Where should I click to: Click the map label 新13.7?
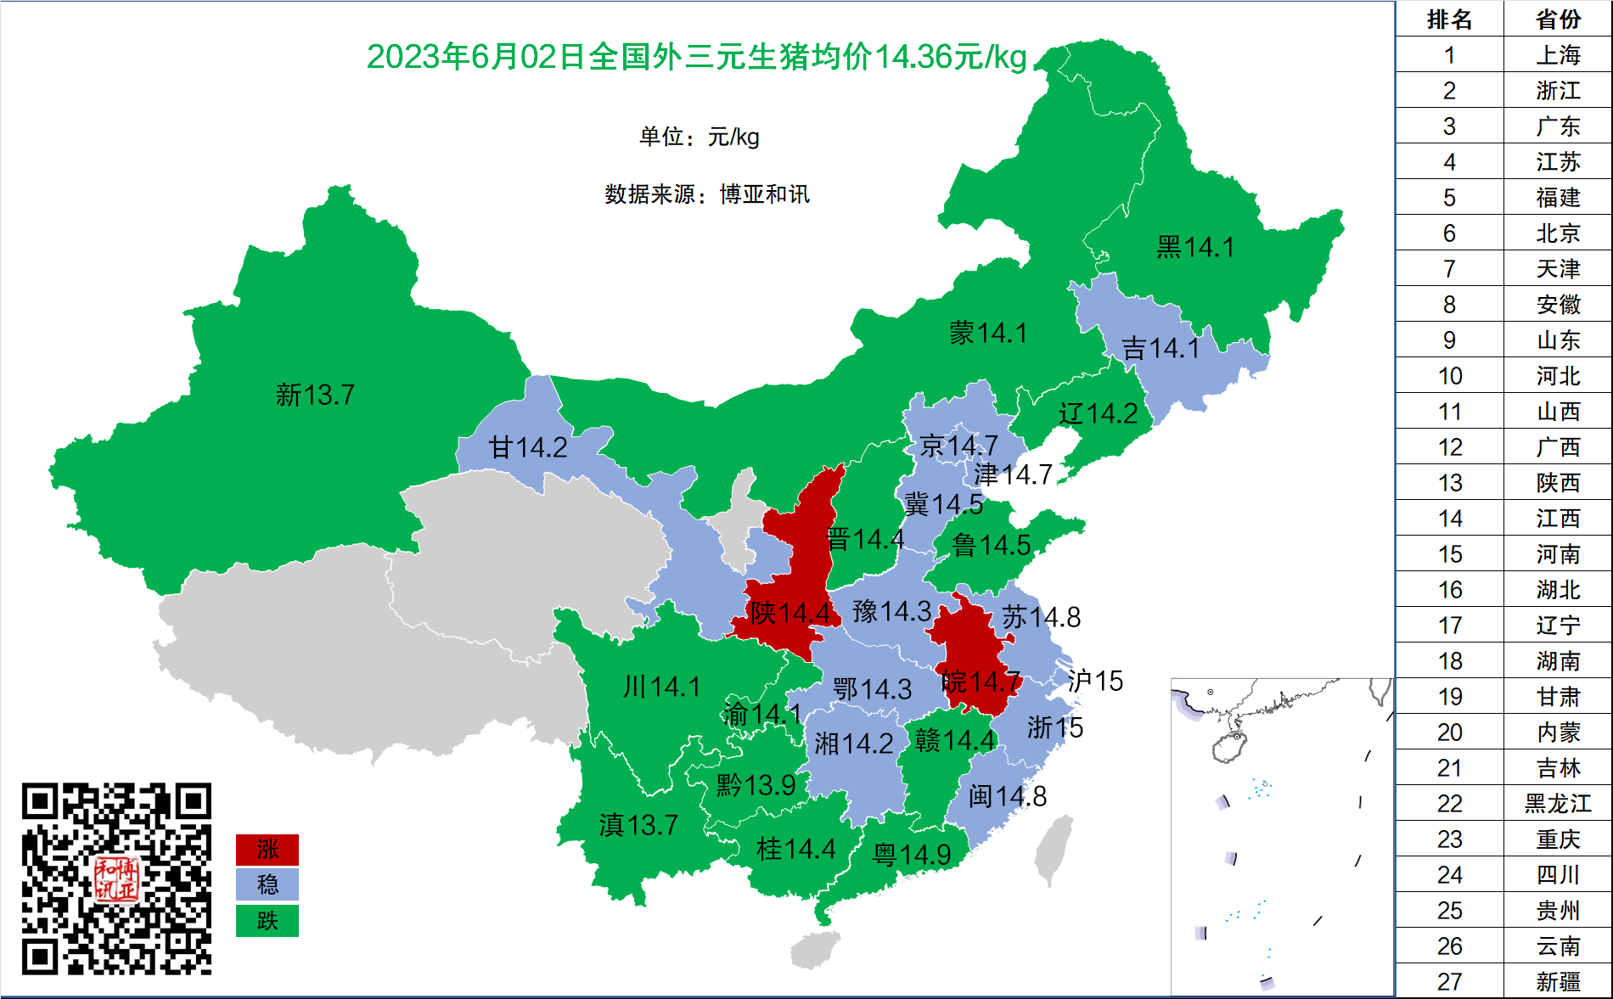(315, 395)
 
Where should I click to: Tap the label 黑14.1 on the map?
(1194, 247)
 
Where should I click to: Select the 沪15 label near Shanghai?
(1095, 681)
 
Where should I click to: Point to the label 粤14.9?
(912, 855)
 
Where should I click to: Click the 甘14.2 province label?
(527, 447)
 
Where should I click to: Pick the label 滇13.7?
(638, 824)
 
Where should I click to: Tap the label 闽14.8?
(1008, 796)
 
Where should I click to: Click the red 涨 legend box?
(267, 849)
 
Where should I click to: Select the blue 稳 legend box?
(267, 884)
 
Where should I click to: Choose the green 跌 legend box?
(267, 921)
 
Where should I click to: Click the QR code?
(116, 878)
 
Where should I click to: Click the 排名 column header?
(1449, 19)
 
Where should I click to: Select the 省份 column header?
(1558, 19)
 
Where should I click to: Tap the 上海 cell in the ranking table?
(1558, 55)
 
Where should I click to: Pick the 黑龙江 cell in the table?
(1558, 804)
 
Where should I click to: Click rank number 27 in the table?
(1449, 982)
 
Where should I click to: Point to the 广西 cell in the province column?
(1558, 447)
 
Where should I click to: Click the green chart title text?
(696, 57)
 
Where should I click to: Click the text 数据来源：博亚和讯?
(706, 194)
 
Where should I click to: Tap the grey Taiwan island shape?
(1053, 849)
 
